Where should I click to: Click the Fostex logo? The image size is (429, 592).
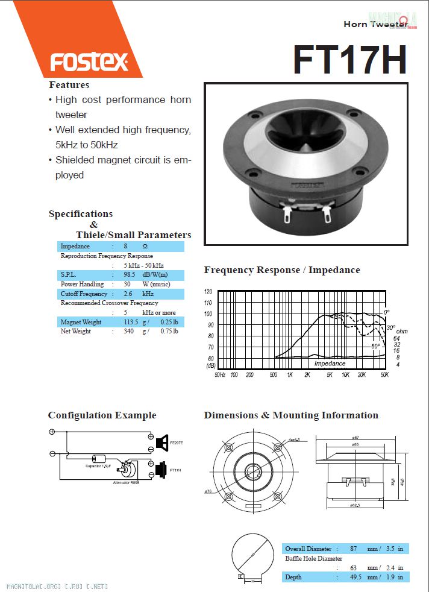tap(89, 61)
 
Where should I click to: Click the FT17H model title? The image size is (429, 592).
tap(350, 58)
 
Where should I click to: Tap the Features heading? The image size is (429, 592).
tap(69, 85)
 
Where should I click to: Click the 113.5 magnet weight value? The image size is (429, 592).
tap(130, 322)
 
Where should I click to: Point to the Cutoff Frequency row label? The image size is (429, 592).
tap(84, 294)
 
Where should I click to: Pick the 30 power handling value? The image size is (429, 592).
tap(127, 284)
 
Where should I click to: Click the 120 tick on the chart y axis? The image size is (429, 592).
tap(208, 291)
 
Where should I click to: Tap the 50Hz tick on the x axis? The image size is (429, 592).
tap(221, 374)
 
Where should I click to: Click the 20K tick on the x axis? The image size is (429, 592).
tap(362, 374)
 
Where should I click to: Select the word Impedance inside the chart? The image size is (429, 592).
tap(330, 364)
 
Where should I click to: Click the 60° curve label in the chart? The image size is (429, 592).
tap(375, 347)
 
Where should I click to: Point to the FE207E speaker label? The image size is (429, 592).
tap(177, 443)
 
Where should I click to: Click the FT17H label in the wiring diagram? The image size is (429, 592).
tap(175, 470)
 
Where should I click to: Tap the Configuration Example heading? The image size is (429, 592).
tap(102, 415)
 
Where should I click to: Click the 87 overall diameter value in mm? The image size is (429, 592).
tap(354, 549)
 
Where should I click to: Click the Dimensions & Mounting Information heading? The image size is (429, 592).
tap(291, 415)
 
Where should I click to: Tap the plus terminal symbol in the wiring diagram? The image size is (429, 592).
tap(52, 432)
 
